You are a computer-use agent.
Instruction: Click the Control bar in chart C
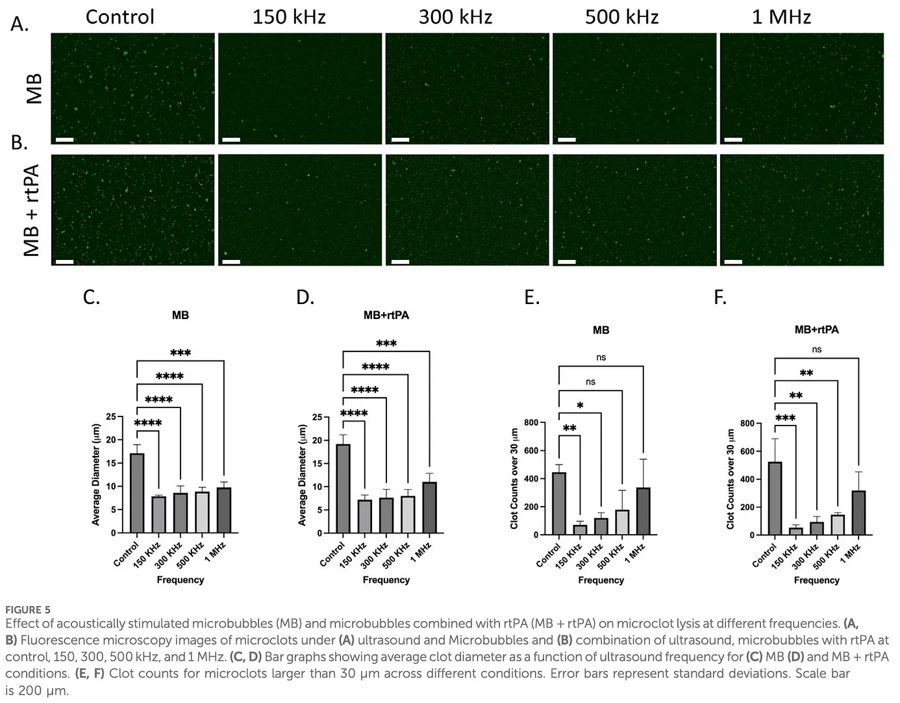tap(137, 493)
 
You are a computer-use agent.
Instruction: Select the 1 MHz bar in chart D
tap(429, 507)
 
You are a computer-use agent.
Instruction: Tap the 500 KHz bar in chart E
tap(622, 522)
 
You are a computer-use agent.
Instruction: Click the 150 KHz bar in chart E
tap(580, 530)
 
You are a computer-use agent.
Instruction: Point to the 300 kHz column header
tap(455, 16)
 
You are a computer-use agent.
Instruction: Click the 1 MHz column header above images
tap(781, 16)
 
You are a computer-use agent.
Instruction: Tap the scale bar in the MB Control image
tap(64, 140)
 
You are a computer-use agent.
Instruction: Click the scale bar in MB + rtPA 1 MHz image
tap(733, 262)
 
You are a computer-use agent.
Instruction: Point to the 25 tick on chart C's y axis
tap(111, 417)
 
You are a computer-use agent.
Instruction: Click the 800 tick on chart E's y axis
tap(531, 423)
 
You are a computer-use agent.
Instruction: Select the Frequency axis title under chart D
tap(386, 580)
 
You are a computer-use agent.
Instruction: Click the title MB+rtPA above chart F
tap(816, 329)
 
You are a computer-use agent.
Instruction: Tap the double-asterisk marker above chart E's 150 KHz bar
tap(569, 428)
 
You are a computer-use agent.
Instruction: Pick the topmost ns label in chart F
tap(816, 350)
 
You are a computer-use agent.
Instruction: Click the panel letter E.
tap(531, 298)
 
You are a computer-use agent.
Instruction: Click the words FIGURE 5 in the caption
tap(28, 609)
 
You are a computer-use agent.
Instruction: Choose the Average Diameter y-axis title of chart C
tap(95, 474)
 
